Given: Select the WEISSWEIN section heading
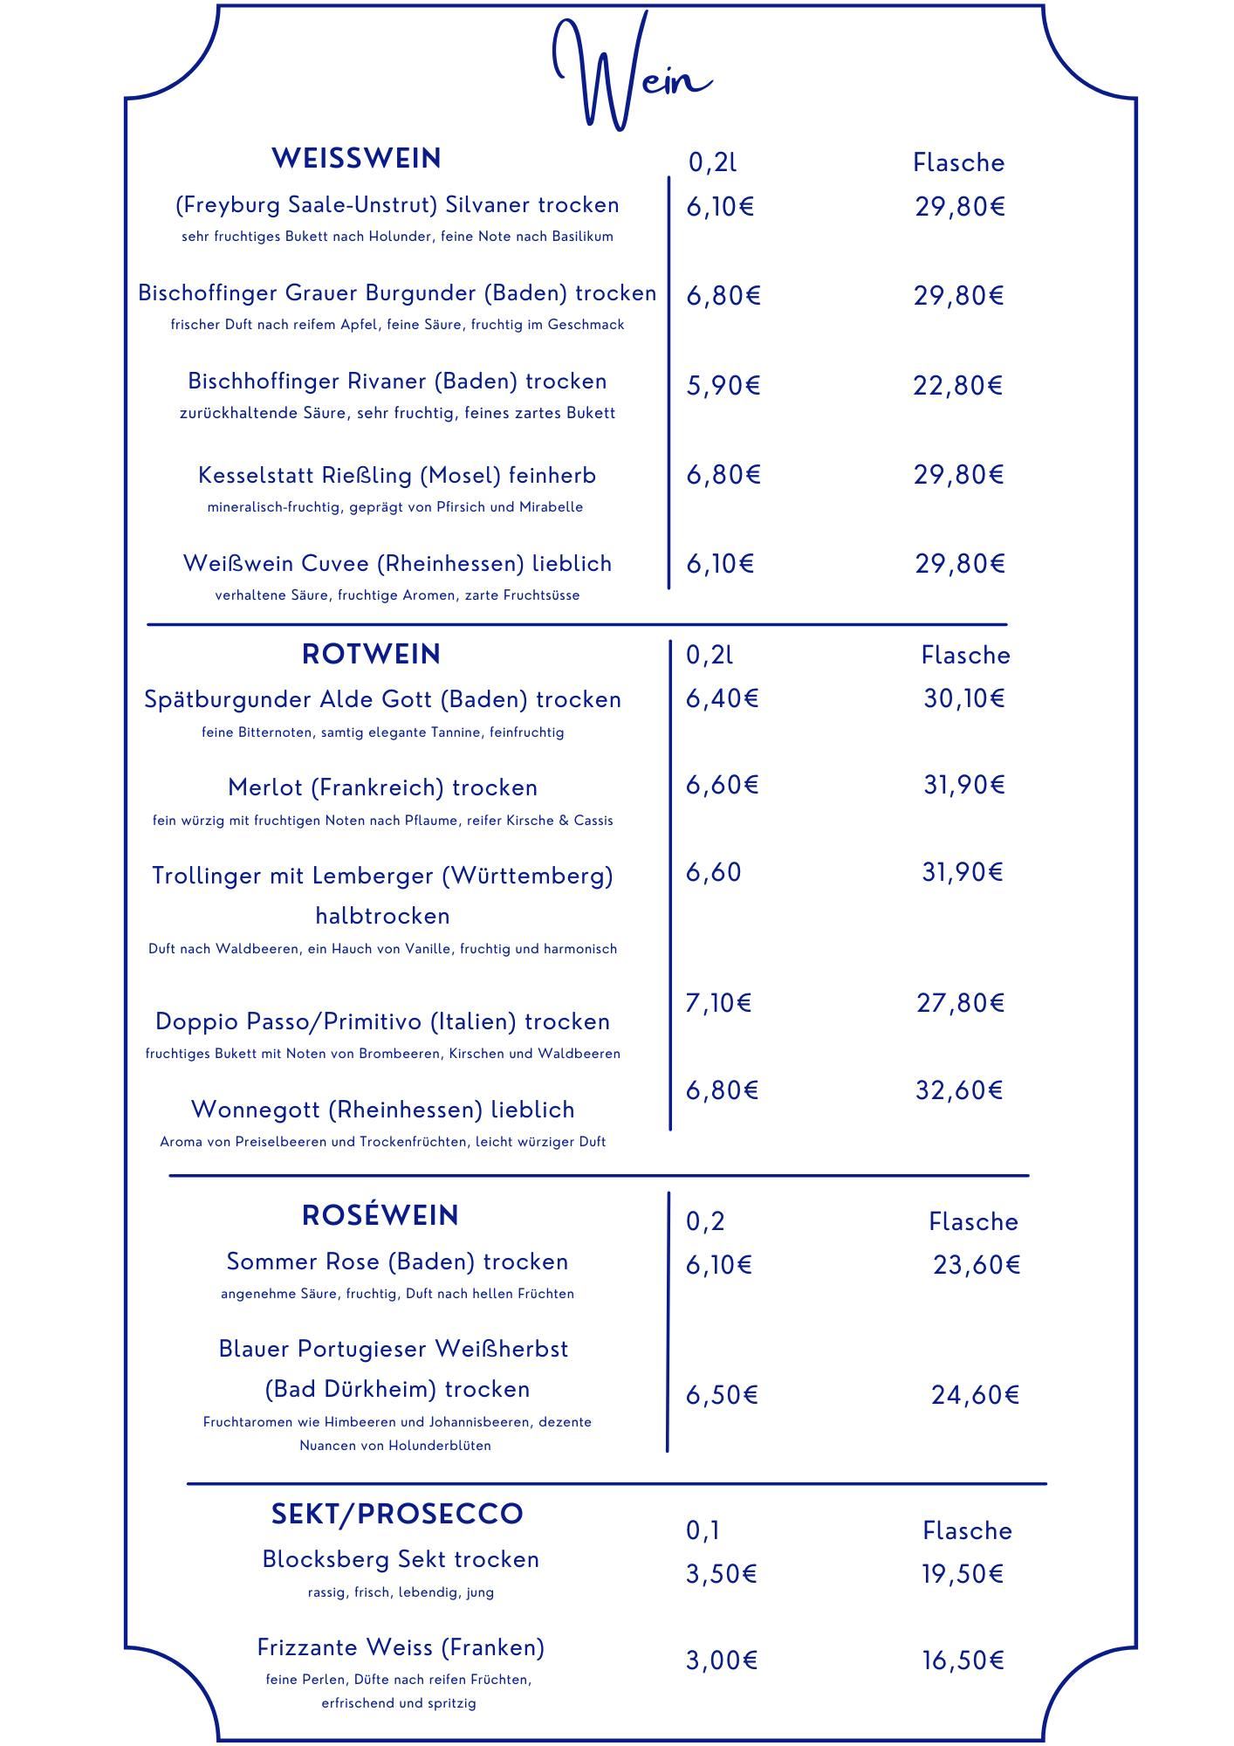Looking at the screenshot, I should (356, 159).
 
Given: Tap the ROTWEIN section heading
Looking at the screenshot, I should (371, 654).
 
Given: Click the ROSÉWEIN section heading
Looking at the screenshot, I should (380, 1215).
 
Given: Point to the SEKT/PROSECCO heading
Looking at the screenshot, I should (397, 1514).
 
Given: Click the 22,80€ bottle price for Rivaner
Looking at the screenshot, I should (957, 385).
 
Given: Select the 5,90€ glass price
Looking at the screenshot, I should (723, 385).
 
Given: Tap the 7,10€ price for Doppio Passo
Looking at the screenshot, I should (718, 1003).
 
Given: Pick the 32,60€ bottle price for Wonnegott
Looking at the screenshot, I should (959, 1090).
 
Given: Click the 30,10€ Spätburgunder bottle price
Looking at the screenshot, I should (964, 698).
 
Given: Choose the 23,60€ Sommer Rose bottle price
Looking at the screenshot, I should (977, 1265).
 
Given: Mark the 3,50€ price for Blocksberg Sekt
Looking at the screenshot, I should (721, 1574).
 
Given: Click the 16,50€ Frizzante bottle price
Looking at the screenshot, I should (963, 1660).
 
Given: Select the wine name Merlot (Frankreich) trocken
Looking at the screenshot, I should (382, 787).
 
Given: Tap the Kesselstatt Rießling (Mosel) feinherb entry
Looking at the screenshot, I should (397, 476).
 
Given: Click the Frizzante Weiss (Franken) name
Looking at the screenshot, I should (401, 1647).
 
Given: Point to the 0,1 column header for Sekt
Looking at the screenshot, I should (703, 1530).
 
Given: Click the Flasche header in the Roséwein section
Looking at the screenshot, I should (973, 1221).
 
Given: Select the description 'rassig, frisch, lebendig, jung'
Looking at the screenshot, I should (401, 1592).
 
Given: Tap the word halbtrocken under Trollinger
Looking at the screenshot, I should (382, 916).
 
